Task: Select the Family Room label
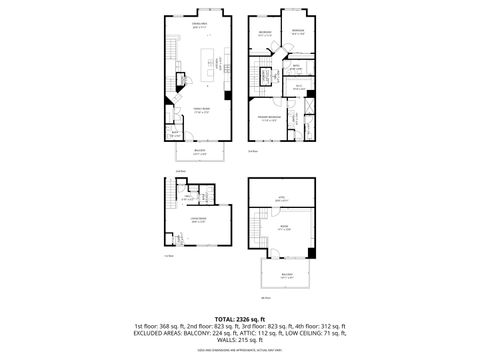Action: point(200,110)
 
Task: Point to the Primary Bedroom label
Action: point(267,118)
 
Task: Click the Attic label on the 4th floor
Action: point(282,198)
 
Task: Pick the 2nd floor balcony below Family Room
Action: point(200,153)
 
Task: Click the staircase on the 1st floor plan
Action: point(167,211)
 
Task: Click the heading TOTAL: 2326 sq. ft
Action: point(239,317)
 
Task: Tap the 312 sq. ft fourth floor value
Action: point(331,326)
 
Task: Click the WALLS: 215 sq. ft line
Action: point(240,341)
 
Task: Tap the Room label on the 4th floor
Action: point(283,228)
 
